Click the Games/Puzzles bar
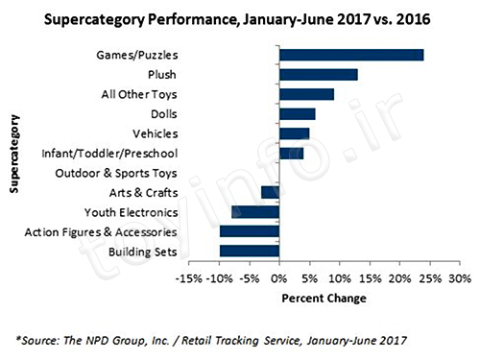[x=351, y=55]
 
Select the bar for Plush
[x=319, y=75]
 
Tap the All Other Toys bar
[x=307, y=94]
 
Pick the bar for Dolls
[x=298, y=114]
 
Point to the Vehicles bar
[x=295, y=133]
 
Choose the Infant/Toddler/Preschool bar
[x=292, y=154]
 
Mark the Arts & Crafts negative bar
[x=271, y=193]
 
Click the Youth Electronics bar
[x=255, y=212]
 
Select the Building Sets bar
[x=250, y=252]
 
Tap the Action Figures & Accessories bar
[x=250, y=231]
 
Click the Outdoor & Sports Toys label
[x=116, y=173]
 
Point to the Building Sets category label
[x=143, y=252]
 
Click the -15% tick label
[x=189, y=278]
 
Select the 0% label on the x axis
[x=279, y=278]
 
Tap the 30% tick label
[x=460, y=278]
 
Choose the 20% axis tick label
[x=399, y=278]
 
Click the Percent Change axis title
[x=324, y=299]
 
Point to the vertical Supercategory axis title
[x=14, y=154]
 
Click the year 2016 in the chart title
[x=413, y=19]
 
